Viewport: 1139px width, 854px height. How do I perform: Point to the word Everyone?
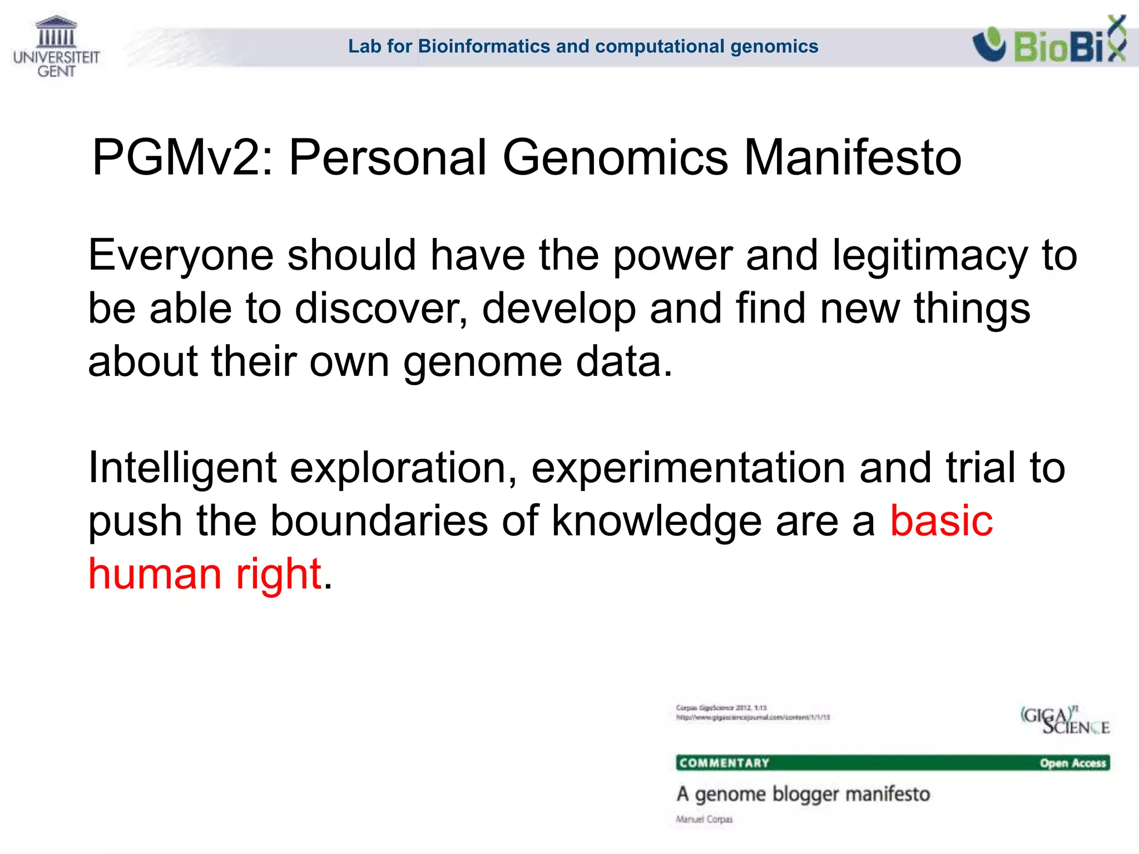(x=181, y=256)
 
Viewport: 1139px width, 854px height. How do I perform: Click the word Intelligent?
(x=182, y=468)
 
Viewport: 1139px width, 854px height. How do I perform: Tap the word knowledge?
(x=656, y=522)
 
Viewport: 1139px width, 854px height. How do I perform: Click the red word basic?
(x=941, y=521)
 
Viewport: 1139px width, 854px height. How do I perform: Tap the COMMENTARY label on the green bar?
(x=724, y=763)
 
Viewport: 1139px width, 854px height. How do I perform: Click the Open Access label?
(x=1073, y=763)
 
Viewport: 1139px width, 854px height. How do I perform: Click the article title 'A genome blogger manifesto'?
(x=803, y=794)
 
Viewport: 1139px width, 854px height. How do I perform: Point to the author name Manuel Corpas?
(x=704, y=819)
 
